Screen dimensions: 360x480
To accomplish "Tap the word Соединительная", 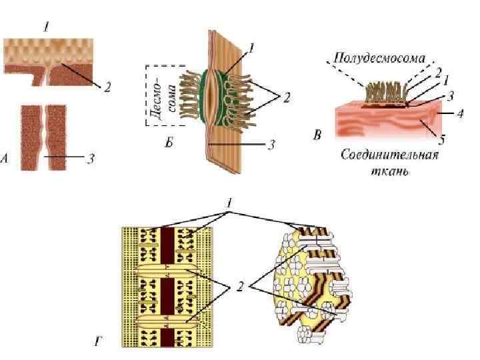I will pos(389,157).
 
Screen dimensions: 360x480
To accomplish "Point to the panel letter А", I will pos(6,159).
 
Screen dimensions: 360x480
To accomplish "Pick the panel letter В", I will pos(318,137).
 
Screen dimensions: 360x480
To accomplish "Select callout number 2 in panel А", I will pos(107,87).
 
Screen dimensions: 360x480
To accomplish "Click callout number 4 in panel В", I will pos(460,114).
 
